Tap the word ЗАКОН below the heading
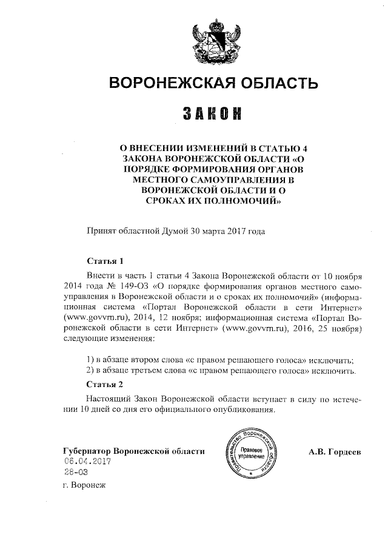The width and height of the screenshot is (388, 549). coord(212,113)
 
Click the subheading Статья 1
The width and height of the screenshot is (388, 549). coord(105,261)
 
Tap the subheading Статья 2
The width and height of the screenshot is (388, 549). coord(105,385)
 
